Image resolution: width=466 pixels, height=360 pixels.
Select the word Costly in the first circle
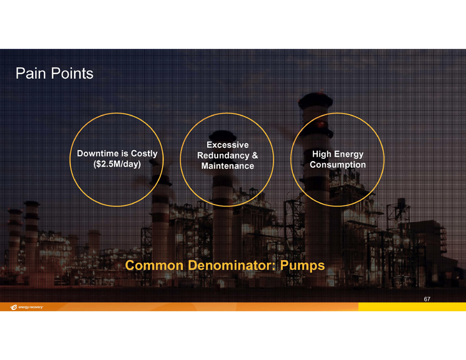144,153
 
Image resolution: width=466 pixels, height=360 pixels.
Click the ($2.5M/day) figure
117,164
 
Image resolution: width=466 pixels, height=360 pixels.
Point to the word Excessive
228,145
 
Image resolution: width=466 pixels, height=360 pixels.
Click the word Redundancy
223,156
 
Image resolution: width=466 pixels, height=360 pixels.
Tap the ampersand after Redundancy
255,156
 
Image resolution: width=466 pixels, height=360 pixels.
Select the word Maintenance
228,165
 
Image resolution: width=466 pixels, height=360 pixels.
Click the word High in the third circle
321,154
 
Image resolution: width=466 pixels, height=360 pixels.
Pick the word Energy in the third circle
349,154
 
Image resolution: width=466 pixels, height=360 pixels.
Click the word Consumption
338,164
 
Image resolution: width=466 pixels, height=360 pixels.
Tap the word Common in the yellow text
154,265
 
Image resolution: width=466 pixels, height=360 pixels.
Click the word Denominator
232,265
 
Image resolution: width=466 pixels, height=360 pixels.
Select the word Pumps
303,266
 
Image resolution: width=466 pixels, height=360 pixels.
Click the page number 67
427,299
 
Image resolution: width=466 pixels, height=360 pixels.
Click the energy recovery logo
26,307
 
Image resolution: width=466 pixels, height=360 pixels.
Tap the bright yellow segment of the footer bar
412,307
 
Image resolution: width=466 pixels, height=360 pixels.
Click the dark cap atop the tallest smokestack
315,101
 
